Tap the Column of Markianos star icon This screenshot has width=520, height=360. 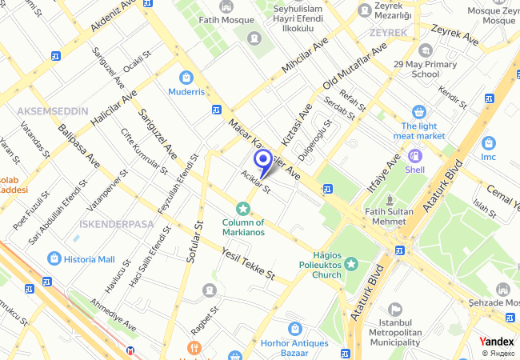coord(242,208)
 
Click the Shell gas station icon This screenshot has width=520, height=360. coord(414,156)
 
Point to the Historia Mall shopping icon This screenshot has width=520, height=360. coord(54,258)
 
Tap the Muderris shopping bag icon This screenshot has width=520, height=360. coord(186,78)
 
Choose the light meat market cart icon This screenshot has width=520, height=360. coord(418,112)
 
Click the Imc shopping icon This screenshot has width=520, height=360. coord(489,142)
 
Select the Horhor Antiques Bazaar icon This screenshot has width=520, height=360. coord(295,328)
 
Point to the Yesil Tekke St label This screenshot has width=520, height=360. coord(247,263)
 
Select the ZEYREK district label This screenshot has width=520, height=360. coord(389,33)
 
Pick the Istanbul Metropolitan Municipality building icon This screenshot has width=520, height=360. coord(394,309)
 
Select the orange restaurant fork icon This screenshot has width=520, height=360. coord(192,348)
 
